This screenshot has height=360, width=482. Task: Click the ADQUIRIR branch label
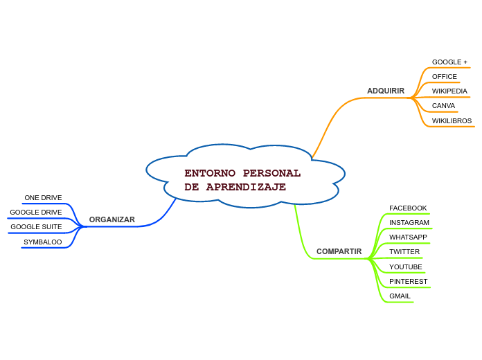386,91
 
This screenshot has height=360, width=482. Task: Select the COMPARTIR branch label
339,251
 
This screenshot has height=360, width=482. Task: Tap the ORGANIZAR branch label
111,219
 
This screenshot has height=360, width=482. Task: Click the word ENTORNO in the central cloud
210,173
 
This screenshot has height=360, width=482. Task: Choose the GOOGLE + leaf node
449,62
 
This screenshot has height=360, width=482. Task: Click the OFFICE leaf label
444,77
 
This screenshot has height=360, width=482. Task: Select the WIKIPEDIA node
449,91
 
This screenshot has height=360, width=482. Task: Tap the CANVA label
443,106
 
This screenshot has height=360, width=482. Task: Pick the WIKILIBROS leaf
452,121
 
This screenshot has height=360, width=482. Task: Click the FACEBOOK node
408,208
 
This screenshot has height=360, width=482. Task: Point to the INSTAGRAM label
409,223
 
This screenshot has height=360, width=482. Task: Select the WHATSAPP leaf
408,237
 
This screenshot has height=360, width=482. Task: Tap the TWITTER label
404,252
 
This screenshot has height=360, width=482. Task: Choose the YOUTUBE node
405,267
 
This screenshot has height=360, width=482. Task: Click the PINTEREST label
408,282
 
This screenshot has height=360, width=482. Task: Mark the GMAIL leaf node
400,296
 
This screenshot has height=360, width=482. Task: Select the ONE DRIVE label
43,198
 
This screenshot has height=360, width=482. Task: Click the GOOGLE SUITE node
36,227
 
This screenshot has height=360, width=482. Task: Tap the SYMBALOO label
42,242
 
